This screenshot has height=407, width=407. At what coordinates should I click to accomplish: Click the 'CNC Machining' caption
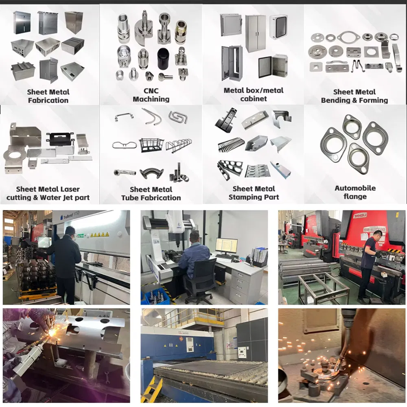pyautogui.click(x=151, y=95)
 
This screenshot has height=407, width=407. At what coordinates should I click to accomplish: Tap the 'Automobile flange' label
pyautogui.click(x=355, y=192)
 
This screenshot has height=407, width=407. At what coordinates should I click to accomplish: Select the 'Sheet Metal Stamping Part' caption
pyautogui.click(x=254, y=193)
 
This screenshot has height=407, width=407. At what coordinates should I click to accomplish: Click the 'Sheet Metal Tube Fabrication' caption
pyautogui.click(x=151, y=193)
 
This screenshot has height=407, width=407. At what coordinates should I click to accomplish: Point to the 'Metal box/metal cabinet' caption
pyautogui.click(x=254, y=94)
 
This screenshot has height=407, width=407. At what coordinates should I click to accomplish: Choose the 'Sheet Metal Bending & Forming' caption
pyautogui.click(x=354, y=96)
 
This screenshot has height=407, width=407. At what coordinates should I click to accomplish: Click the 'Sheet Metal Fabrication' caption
pyautogui.click(x=48, y=96)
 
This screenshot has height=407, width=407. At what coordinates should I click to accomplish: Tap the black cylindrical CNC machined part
pyautogui.click(x=163, y=59)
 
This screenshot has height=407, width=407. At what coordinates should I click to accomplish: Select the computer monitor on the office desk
pyautogui.click(x=226, y=246)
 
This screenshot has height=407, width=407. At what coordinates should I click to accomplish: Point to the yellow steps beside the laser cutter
pyautogui.click(x=152, y=389)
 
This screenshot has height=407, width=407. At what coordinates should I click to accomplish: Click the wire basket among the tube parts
pyautogui.click(x=151, y=144)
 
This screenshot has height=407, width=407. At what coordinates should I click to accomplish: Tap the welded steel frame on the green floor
pyautogui.click(x=324, y=287)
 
